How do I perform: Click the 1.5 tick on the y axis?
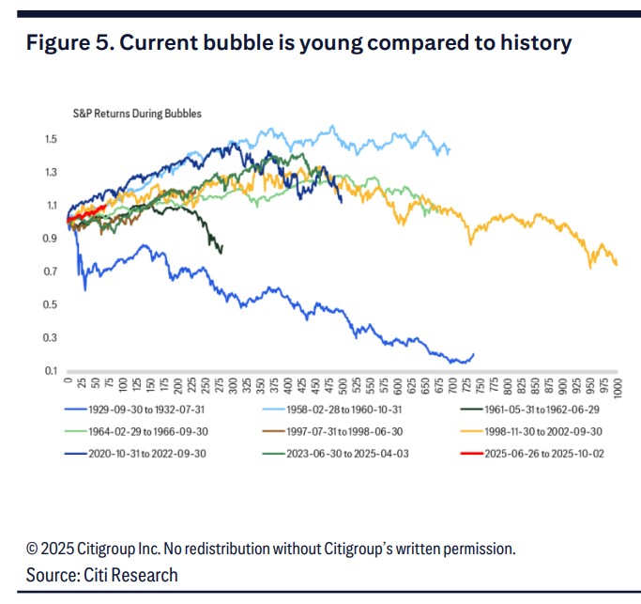51,139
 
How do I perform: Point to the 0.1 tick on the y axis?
51,370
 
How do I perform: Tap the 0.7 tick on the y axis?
51,271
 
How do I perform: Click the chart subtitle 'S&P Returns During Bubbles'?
137,114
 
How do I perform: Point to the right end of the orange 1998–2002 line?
617,265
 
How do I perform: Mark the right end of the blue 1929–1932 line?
473,354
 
